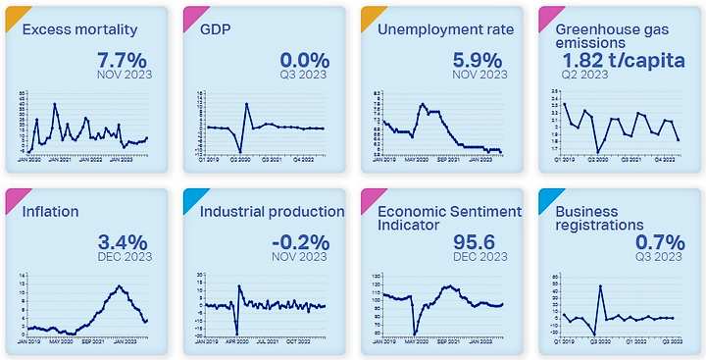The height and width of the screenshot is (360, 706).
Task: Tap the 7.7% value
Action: (x=125, y=60)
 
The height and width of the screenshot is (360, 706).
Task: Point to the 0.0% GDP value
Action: (x=303, y=60)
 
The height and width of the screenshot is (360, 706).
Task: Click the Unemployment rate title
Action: (x=445, y=29)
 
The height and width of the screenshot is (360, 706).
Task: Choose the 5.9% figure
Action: (x=479, y=60)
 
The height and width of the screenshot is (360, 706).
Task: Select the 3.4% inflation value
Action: (x=124, y=241)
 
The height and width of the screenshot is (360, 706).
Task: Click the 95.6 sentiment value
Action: (x=478, y=241)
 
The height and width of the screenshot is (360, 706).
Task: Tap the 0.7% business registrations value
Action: (x=657, y=241)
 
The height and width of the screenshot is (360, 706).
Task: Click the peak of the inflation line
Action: (x=119, y=285)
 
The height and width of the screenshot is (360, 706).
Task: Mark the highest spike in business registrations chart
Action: (x=600, y=285)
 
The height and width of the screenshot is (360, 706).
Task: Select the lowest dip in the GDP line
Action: (x=240, y=152)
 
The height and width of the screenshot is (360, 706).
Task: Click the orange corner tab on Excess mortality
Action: (x=13, y=14)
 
